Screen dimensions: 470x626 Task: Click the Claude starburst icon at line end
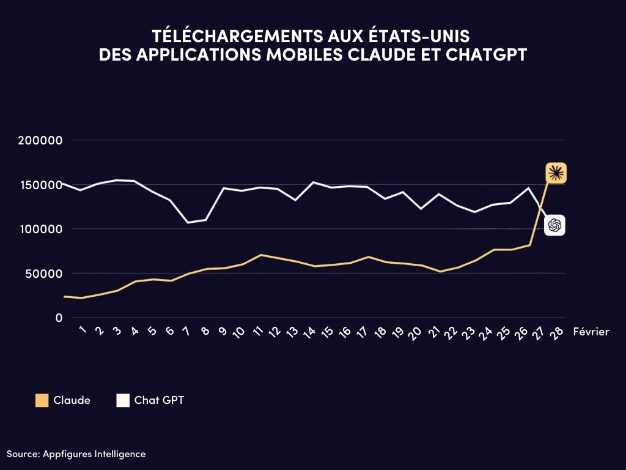(x=556, y=174)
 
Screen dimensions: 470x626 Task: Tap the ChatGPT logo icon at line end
(x=554, y=226)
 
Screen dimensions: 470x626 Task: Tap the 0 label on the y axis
(x=59, y=318)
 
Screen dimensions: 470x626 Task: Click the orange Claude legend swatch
(x=42, y=401)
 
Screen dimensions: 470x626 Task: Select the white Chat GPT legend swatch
(x=123, y=401)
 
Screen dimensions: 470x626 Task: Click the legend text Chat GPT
(x=159, y=401)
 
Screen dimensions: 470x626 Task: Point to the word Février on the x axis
(x=591, y=331)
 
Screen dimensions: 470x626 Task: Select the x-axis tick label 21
(x=433, y=332)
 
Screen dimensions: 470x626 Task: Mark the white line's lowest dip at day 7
(x=188, y=222)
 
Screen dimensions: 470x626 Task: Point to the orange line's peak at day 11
(x=262, y=255)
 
